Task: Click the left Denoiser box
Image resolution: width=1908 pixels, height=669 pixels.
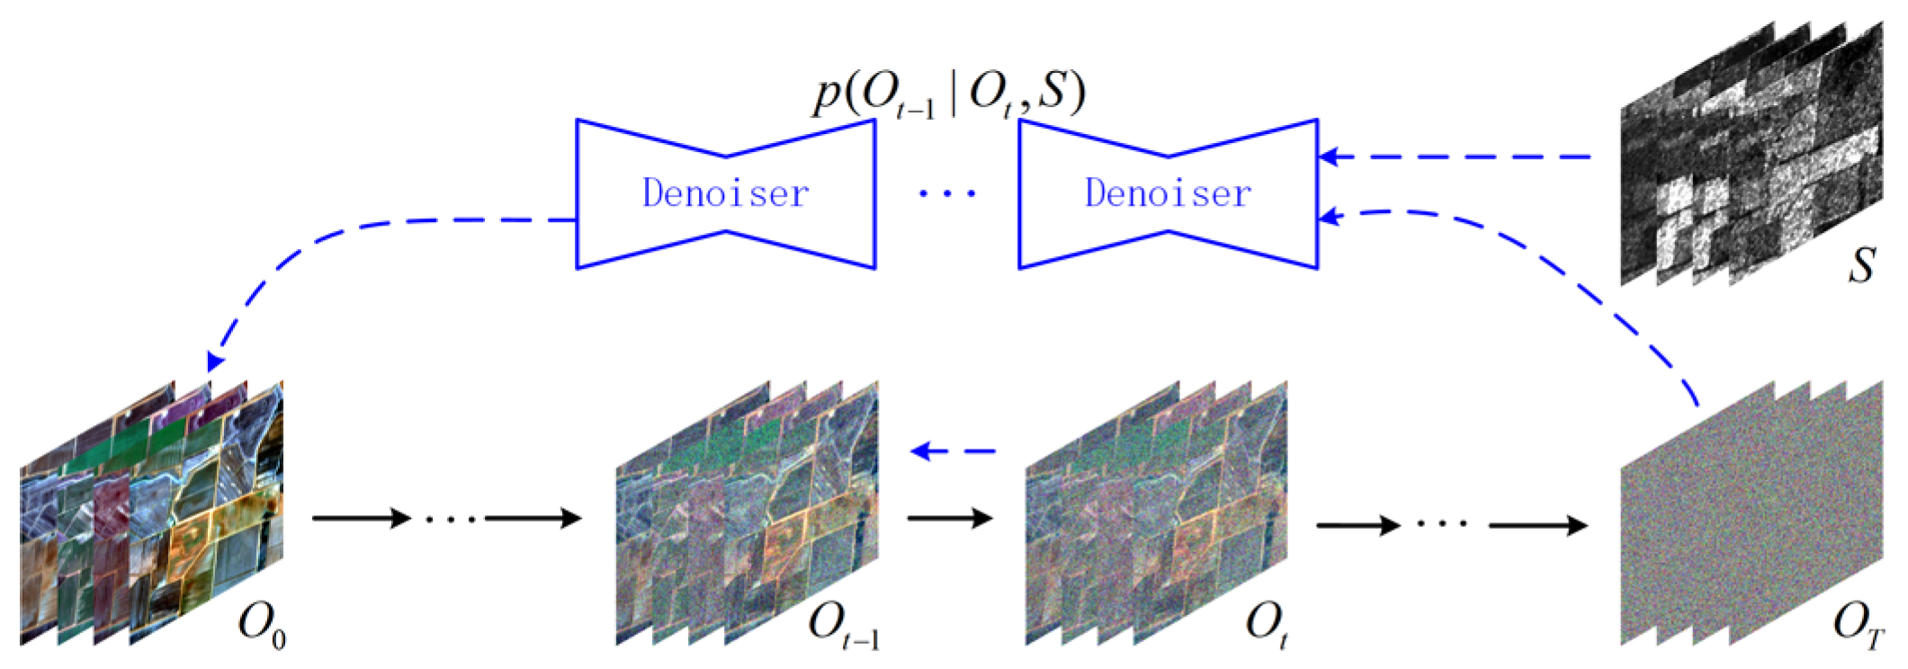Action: click(725, 193)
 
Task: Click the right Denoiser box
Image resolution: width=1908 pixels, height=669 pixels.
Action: click(1168, 193)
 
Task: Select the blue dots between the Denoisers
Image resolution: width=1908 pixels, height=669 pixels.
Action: click(947, 192)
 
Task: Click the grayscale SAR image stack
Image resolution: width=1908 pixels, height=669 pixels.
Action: click(1750, 153)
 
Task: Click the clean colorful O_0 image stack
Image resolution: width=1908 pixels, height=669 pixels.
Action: click(151, 513)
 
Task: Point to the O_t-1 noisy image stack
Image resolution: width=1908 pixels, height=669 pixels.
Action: click(747, 513)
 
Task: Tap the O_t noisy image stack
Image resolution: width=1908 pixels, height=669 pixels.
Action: click(1156, 513)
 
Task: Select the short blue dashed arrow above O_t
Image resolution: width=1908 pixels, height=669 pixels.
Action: click(954, 450)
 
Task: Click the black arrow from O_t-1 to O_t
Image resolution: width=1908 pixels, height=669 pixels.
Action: click(949, 518)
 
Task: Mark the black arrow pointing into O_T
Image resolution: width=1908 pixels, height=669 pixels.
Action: click(1538, 525)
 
